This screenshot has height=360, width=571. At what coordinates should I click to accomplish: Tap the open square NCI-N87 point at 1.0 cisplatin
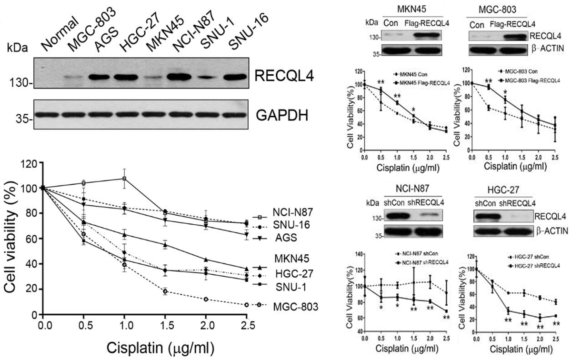124,179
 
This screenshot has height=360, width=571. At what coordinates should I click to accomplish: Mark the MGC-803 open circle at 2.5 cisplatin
246,305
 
